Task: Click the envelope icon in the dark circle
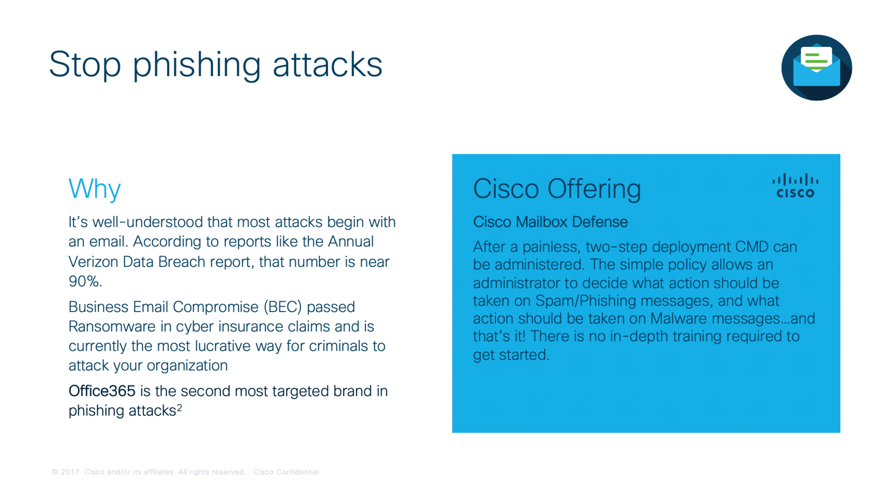pyautogui.click(x=817, y=66)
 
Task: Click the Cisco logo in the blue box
pyautogui.click(x=795, y=186)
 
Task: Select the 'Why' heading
pyautogui.click(x=95, y=189)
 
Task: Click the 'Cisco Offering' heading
pyautogui.click(x=557, y=189)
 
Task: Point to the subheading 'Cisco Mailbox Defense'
pyautogui.click(x=550, y=222)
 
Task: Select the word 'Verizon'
pyautogui.click(x=93, y=261)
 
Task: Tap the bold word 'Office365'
pyautogui.click(x=102, y=391)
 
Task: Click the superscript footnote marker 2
pyautogui.click(x=179, y=407)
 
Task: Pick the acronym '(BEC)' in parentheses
pyautogui.click(x=283, y=307)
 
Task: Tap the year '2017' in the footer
pyautogui.click(x=70, y=472)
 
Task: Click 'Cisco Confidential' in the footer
pyautogui.click(x=286, y=472)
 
